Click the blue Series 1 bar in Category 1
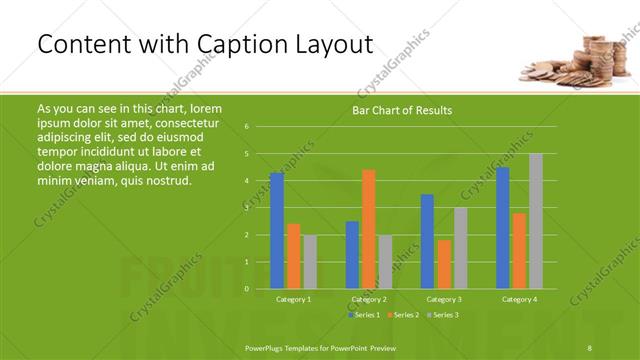click(277, 231)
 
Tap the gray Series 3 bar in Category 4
click(535, 221)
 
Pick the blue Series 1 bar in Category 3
click(427, 241)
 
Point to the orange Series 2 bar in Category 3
click(444, 264)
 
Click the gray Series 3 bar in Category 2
click(386, 262)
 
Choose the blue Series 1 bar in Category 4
click(502, 228)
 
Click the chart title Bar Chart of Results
click(402, 110)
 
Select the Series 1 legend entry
click(363, 315)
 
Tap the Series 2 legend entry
click(403, 315)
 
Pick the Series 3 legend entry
click(442, 315)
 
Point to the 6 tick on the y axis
click(246, 127)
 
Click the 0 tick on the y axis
click(246, 289)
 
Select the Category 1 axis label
click(293, 300)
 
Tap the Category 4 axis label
click(519, 300)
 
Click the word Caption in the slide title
click(236, 44)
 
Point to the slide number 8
click(590, 347)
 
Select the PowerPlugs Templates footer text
click(320, 347)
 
